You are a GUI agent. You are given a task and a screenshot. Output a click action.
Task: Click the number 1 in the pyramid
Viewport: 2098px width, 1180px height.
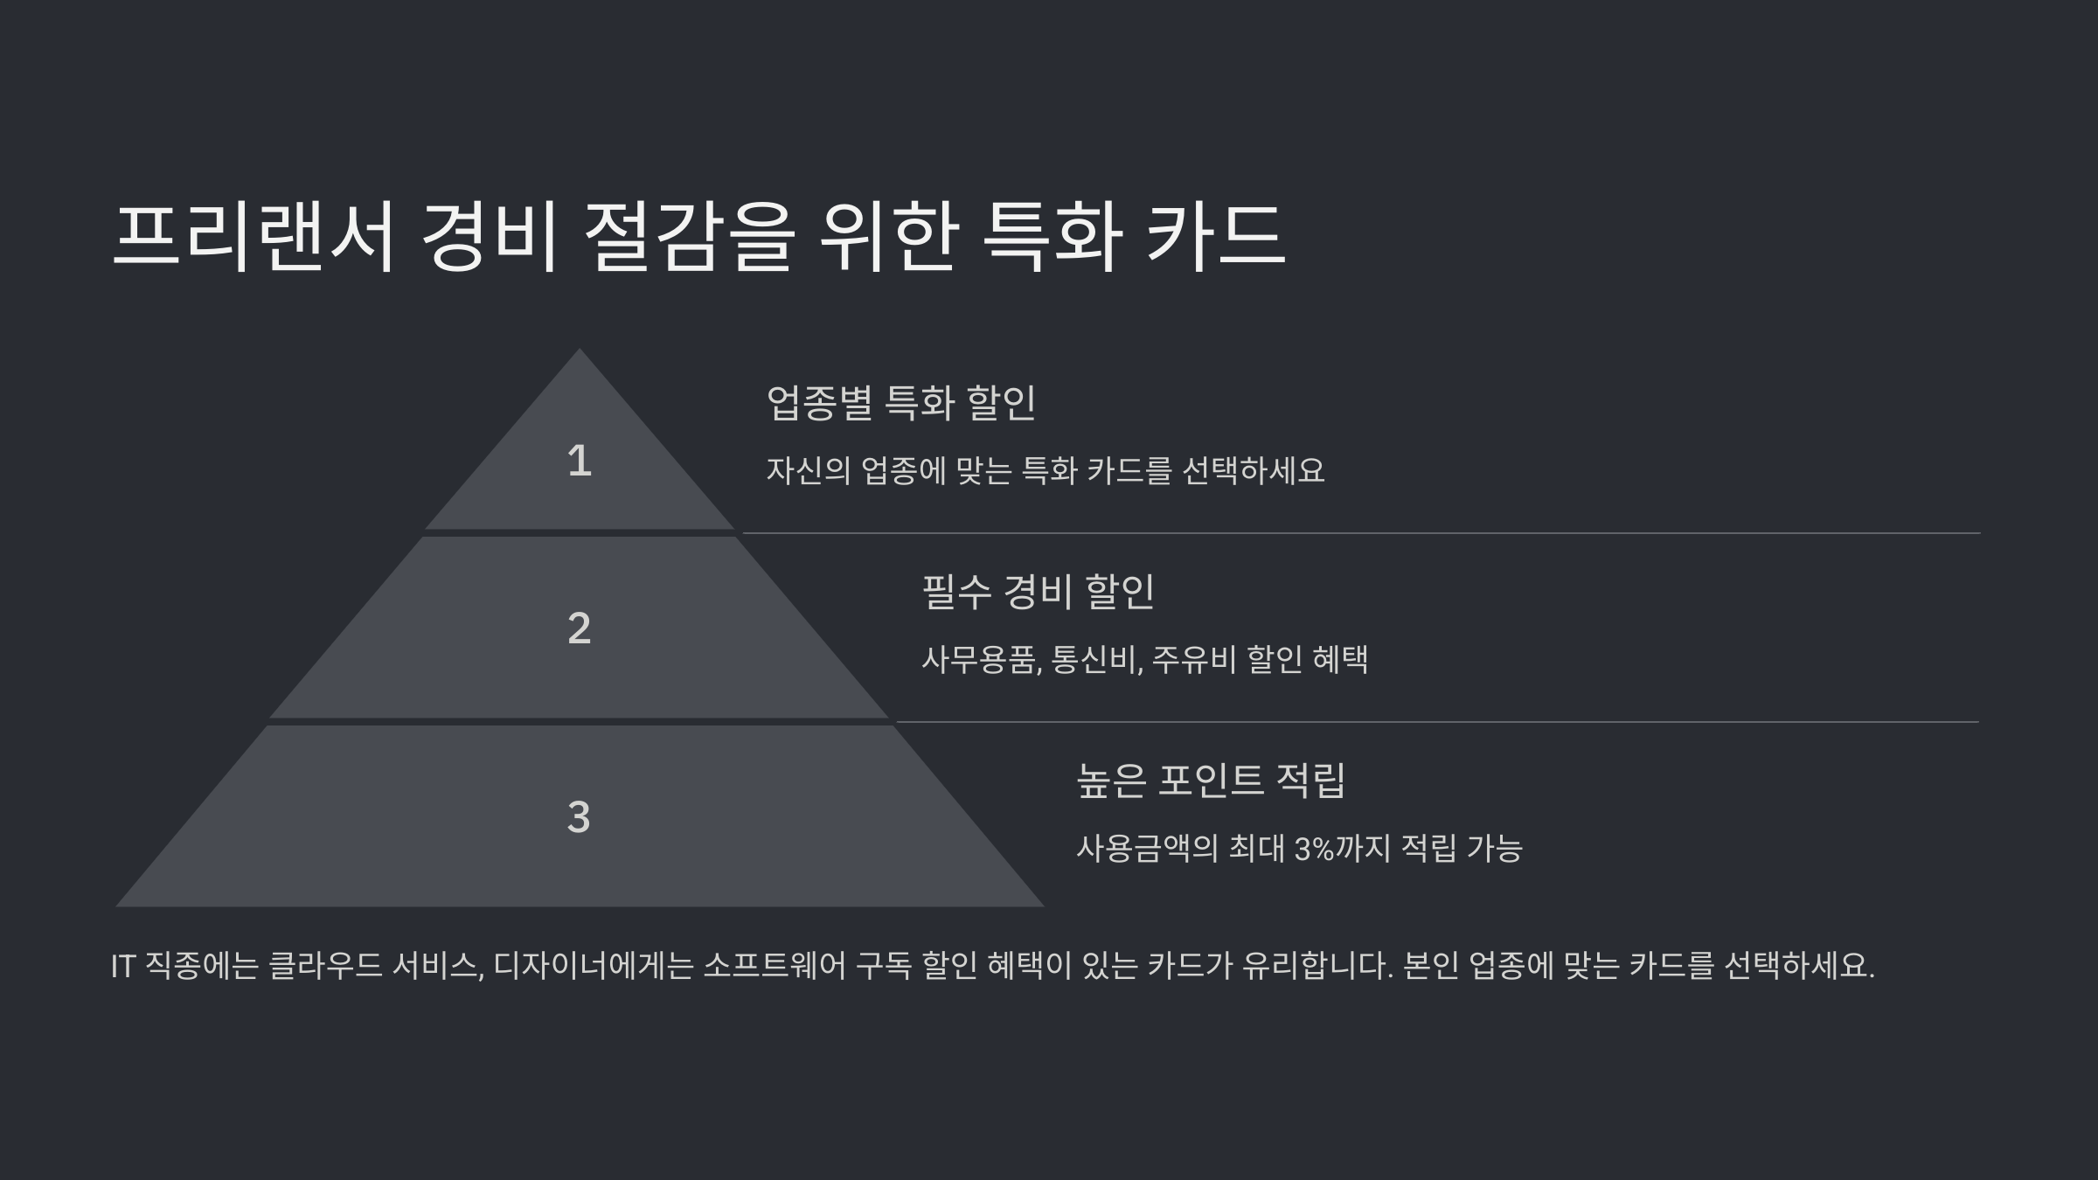tap(579, 461)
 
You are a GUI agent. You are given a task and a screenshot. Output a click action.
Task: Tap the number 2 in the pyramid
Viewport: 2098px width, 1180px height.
tap(579, 628)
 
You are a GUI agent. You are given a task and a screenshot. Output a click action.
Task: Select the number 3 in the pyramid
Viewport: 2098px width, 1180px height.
tap(579, 817)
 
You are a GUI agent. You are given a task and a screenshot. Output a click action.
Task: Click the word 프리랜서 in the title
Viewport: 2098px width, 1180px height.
tap(254, 236)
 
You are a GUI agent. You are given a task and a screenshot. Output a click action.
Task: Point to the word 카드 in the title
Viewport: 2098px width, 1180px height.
tap(1215, 236)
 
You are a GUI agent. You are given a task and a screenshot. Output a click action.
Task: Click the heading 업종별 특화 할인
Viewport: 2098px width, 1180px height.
tap(901, 403)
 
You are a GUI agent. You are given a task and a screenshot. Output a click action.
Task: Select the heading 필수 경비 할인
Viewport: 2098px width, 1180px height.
tap(1039, 592)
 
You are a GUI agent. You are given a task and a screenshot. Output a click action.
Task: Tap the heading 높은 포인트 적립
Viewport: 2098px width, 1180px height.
tap(1211, 781)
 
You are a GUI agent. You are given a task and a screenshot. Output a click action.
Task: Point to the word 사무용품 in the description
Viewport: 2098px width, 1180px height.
tap(980, 659)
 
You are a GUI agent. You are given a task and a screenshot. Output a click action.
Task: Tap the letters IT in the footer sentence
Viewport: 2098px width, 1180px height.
tap(122, 966)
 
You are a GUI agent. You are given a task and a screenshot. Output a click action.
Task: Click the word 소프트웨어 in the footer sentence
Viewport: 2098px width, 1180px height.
tap(775, 966)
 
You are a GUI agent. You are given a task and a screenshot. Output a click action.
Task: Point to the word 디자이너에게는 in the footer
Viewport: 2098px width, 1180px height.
tap(594, 966)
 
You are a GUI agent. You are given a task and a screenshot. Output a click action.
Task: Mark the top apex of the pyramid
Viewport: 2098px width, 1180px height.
tap(579, 351)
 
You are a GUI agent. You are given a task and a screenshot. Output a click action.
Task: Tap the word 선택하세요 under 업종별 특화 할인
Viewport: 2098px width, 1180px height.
tap(1254, 471)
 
